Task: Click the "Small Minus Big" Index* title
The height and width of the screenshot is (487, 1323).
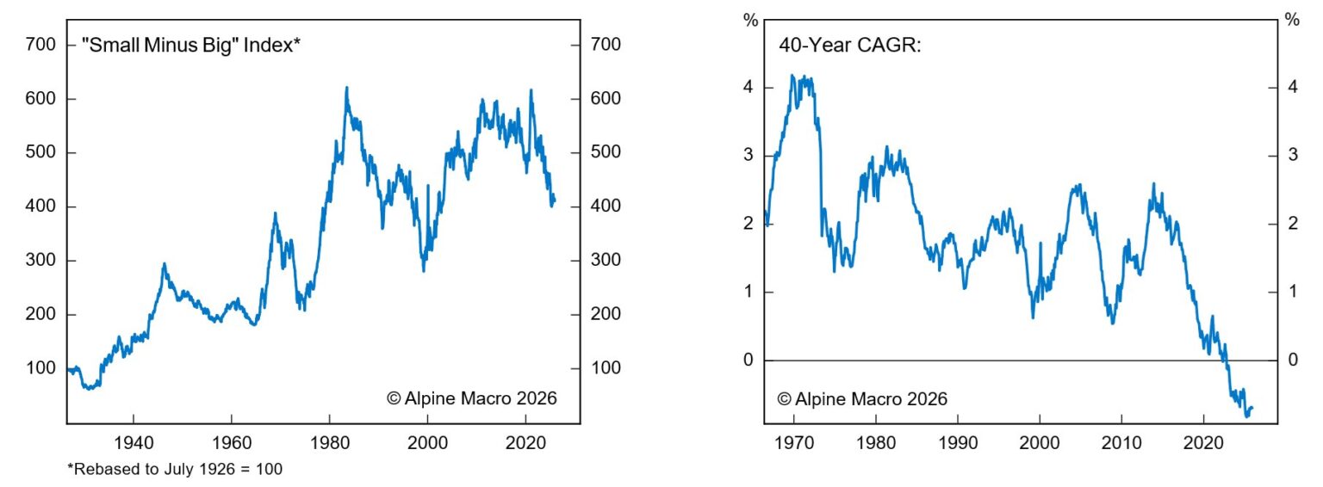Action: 190,45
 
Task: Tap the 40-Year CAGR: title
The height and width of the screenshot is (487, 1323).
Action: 850,45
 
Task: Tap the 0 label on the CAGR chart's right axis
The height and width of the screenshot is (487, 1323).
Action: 1293,360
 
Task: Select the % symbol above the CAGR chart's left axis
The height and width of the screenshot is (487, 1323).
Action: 749,19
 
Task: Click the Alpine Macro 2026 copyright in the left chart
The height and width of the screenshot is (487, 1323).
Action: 471,398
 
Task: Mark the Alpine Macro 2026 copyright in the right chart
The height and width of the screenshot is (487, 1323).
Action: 861,398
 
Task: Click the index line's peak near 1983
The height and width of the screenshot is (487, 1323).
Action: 346,88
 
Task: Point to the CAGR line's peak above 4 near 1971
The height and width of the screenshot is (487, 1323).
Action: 792,76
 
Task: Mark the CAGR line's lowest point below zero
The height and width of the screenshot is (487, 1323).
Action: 1246,416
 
